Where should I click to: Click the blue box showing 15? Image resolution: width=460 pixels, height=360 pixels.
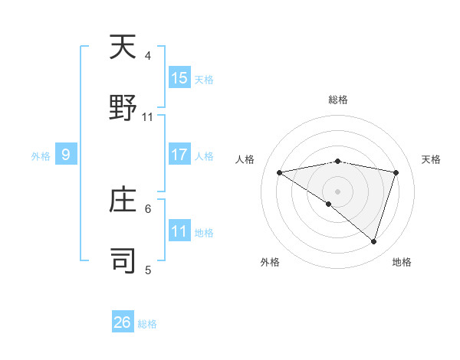click(179, 78)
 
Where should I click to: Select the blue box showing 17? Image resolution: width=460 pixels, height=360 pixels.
click(179, 155)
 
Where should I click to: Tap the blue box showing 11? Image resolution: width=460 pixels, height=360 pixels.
click(179, 231)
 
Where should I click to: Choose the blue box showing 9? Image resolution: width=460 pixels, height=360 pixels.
click(66, 155)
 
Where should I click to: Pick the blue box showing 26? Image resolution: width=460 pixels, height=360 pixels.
click(123, 322)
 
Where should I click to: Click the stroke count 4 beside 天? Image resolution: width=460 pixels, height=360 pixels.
click(148, 56)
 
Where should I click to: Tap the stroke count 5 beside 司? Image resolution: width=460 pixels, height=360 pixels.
click(148, 270)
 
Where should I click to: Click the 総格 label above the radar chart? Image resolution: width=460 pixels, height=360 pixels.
click(338, 100)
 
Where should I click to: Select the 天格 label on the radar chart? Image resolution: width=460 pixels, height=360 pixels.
click(432, 159)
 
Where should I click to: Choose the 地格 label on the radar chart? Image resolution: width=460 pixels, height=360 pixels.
click(402, 262)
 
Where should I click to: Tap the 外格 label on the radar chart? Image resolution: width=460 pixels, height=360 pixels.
click(270, 262)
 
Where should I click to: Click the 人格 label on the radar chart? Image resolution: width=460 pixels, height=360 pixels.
click(246, 159)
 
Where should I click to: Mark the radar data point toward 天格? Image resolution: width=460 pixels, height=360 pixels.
click(396, 172)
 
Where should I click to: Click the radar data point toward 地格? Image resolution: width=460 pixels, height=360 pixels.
click(373, 241)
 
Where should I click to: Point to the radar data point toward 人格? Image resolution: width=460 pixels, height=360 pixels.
click(280, 172)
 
